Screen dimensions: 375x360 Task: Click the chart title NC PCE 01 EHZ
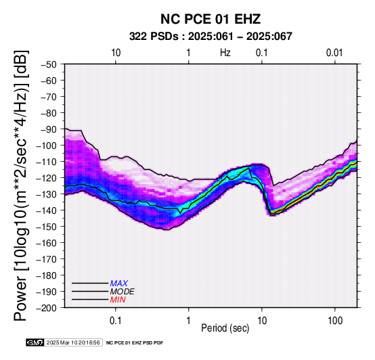(x=211, y=19)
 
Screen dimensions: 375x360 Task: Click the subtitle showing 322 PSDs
(x=211, y=37)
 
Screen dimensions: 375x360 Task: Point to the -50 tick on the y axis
(x=49, y=64)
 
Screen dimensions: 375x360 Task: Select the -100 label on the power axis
(x=47, y=145)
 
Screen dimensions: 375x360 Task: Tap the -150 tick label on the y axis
(x=47, y=227)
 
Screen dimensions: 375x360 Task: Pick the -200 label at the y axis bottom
(x=47, y=308)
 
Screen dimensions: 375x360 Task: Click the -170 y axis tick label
(x=47, y=259)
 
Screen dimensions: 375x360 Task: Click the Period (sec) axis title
(x=225, y=328)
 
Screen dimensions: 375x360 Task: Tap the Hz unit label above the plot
(x=225, y=53)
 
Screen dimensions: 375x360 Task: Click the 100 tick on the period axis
(x=335, y=321)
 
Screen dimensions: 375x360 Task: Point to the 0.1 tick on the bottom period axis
(x=116, y=321)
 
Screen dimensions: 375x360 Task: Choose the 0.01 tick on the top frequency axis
(x=334, y=53)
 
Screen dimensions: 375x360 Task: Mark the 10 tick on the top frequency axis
(x=116, y=53)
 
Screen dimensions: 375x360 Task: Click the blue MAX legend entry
(x=119, y=284)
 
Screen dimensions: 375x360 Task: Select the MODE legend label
(x=123, y=292)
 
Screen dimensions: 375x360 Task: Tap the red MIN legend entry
(x=118, y=300)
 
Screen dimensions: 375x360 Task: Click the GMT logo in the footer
(x=35, y=342)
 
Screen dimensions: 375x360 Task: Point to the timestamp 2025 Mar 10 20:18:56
(x=73, y=342)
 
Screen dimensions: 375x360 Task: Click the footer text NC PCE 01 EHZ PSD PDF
(x=135, y=343)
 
